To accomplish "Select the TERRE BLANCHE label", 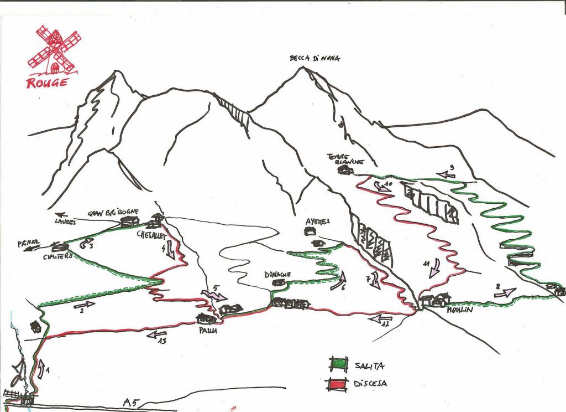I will [x=345, y=159].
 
